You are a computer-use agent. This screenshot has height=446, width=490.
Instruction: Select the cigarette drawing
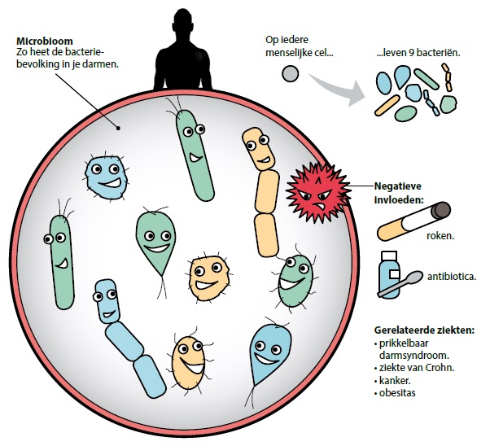(x=415, y=221)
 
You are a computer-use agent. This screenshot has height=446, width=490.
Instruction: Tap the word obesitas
(x=398, y=394)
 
